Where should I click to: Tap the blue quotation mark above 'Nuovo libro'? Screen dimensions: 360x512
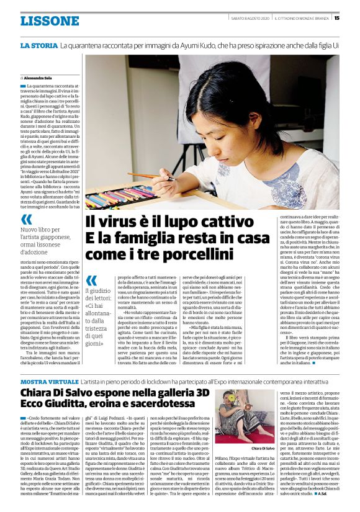(27, 219)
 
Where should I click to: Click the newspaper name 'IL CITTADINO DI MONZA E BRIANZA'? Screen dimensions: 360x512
(302, 17)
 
